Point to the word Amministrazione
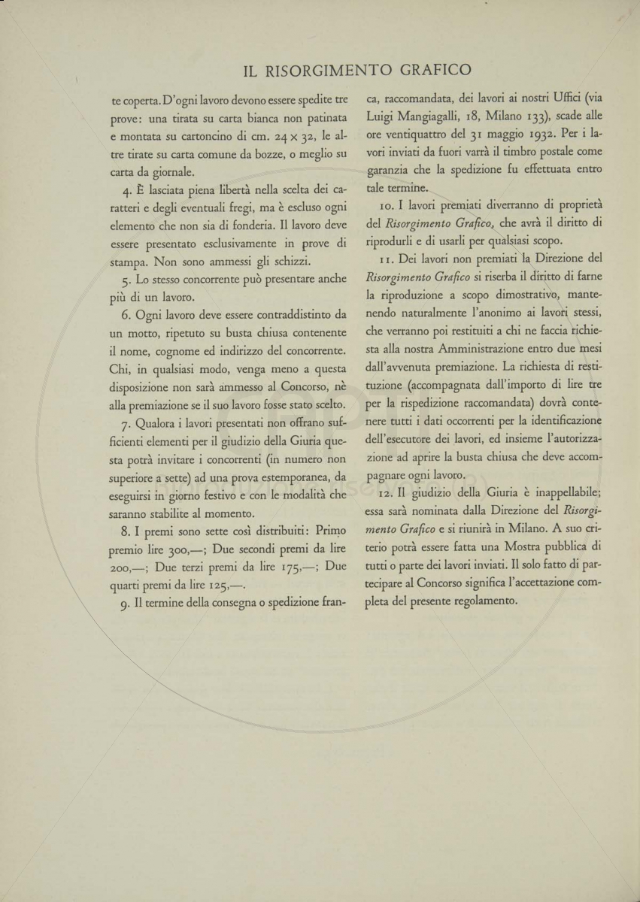[489, 349]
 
